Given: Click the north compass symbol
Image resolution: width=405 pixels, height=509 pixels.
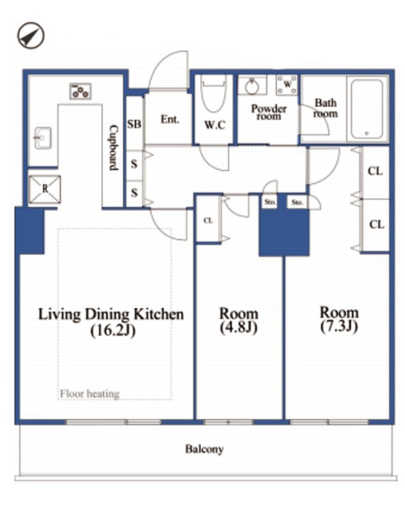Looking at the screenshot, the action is pos(31,36).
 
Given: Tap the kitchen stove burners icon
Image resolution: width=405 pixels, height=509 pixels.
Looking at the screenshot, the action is pos(80,92).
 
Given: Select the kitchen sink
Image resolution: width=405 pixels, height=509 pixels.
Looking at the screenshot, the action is pos(43,138).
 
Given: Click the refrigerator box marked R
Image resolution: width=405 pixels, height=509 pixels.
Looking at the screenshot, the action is pos(45,189).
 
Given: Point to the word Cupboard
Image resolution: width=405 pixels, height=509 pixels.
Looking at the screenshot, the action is pos(113,148).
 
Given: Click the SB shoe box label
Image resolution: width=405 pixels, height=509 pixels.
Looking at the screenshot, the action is pos(134,124).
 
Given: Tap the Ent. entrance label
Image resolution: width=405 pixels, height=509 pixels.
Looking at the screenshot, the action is pos(170,119).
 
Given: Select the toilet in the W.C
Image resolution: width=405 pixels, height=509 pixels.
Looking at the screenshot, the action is pos(213,94).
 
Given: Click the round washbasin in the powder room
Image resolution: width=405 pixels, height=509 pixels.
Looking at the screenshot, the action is pos(252,87).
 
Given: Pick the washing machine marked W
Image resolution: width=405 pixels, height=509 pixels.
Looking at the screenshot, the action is pos(287,85).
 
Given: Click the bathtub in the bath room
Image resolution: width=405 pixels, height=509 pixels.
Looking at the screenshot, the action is pos(368,109).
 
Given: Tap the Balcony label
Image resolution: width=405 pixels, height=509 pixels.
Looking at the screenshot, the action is pos(204,449).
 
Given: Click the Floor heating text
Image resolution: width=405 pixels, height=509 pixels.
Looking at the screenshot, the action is pos(90,394).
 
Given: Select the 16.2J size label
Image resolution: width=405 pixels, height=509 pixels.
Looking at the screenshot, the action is pos(113,331).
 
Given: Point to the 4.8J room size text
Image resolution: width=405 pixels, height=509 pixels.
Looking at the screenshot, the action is pos(238,327).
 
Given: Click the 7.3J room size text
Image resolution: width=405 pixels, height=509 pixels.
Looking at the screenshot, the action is pos(339,327).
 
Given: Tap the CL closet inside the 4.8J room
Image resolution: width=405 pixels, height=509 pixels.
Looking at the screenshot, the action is pos(208,220).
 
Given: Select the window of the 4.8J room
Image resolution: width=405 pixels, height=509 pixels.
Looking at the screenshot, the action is pos(228,422).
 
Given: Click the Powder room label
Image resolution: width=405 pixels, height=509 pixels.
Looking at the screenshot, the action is pos(269,112).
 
